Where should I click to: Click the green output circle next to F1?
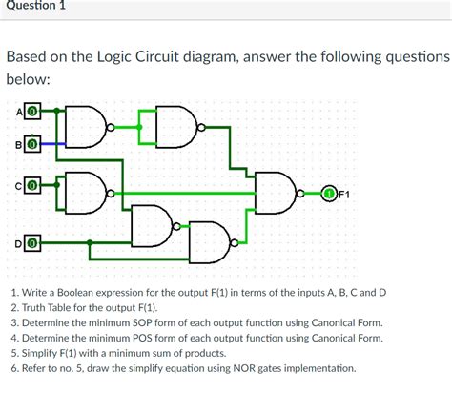coord(329,195)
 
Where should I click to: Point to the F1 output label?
coord(345,196)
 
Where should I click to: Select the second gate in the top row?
coord(176,123)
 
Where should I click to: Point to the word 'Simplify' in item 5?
coord(41,351)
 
